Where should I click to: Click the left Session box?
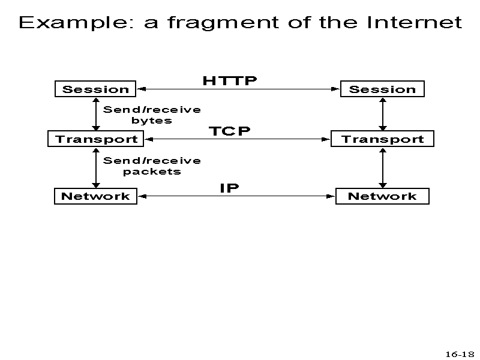[x=95, y=89]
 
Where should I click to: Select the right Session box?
[x=382, y=89]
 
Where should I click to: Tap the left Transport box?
[x=96, y=139]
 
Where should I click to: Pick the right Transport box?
[x=382, y=139]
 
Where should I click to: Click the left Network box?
[x=95, y=196]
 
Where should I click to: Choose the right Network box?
[x=382, y=196]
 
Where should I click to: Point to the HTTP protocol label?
[x=230, y=81]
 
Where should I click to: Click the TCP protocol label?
[x=230, y=131]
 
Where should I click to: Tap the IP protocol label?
[x=230, y=188]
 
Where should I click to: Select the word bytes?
[x=152, y=121]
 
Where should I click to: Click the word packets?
[x=152, y=172]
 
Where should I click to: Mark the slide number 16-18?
[x=460, y=354]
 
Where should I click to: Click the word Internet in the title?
[x=414, y=22]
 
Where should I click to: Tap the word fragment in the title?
[x=223, y=23]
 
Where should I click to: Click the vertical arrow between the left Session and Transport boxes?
[x=96, y=114]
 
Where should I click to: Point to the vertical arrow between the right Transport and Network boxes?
[x=383, y=168]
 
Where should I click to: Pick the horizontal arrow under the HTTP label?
[x=238, y=89]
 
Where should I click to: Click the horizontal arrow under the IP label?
[x=236, y=196]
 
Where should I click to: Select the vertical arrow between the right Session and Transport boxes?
[x=383, y=114]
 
